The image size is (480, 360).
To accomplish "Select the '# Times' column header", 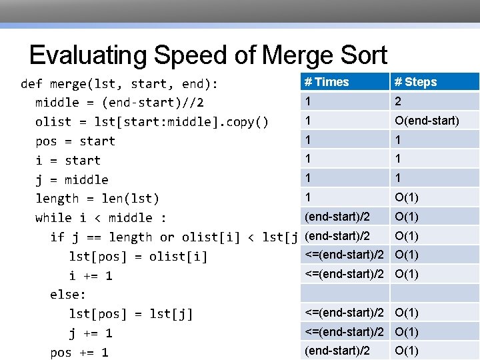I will point(327,82).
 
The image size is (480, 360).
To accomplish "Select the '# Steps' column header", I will point(415,82).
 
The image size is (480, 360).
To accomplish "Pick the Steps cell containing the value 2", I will point(398,101).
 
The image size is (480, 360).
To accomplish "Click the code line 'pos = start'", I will point(75,141).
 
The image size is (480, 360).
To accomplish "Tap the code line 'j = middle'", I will point(71,179).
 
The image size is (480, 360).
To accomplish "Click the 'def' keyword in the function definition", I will point(31,84).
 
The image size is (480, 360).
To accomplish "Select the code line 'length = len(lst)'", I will point(97,199).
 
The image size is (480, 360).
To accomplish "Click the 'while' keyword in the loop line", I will point(53,218).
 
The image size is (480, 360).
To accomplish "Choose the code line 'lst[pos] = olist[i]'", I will point(138,257).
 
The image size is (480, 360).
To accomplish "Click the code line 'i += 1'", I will point(90,276).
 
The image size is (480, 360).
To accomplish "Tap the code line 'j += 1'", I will point(90,333).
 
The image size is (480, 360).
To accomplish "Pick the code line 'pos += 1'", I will point(79,353).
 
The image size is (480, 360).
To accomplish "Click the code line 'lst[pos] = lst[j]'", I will point(131,314).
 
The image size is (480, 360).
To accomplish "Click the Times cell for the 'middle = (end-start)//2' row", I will point(308,101).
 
